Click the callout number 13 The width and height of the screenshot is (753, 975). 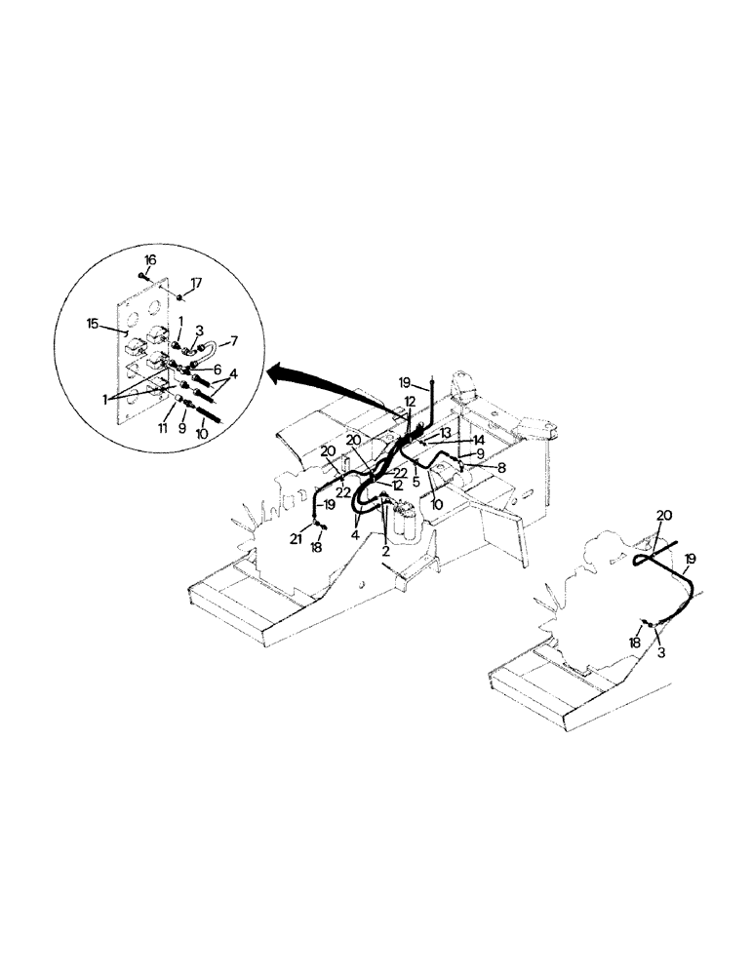tap(447, 433)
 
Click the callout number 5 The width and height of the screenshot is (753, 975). tap(416, 481)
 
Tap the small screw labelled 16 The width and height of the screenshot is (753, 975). tap(145, 276)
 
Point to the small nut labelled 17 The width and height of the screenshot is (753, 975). tap(181, 295)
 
